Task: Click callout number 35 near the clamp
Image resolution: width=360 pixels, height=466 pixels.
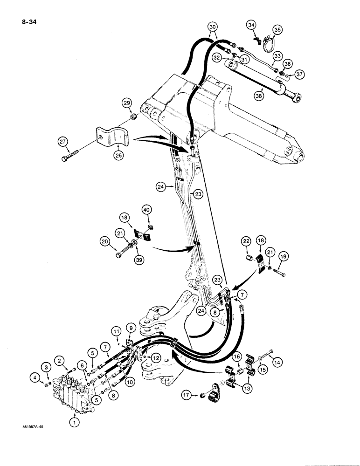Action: point(278,31)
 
